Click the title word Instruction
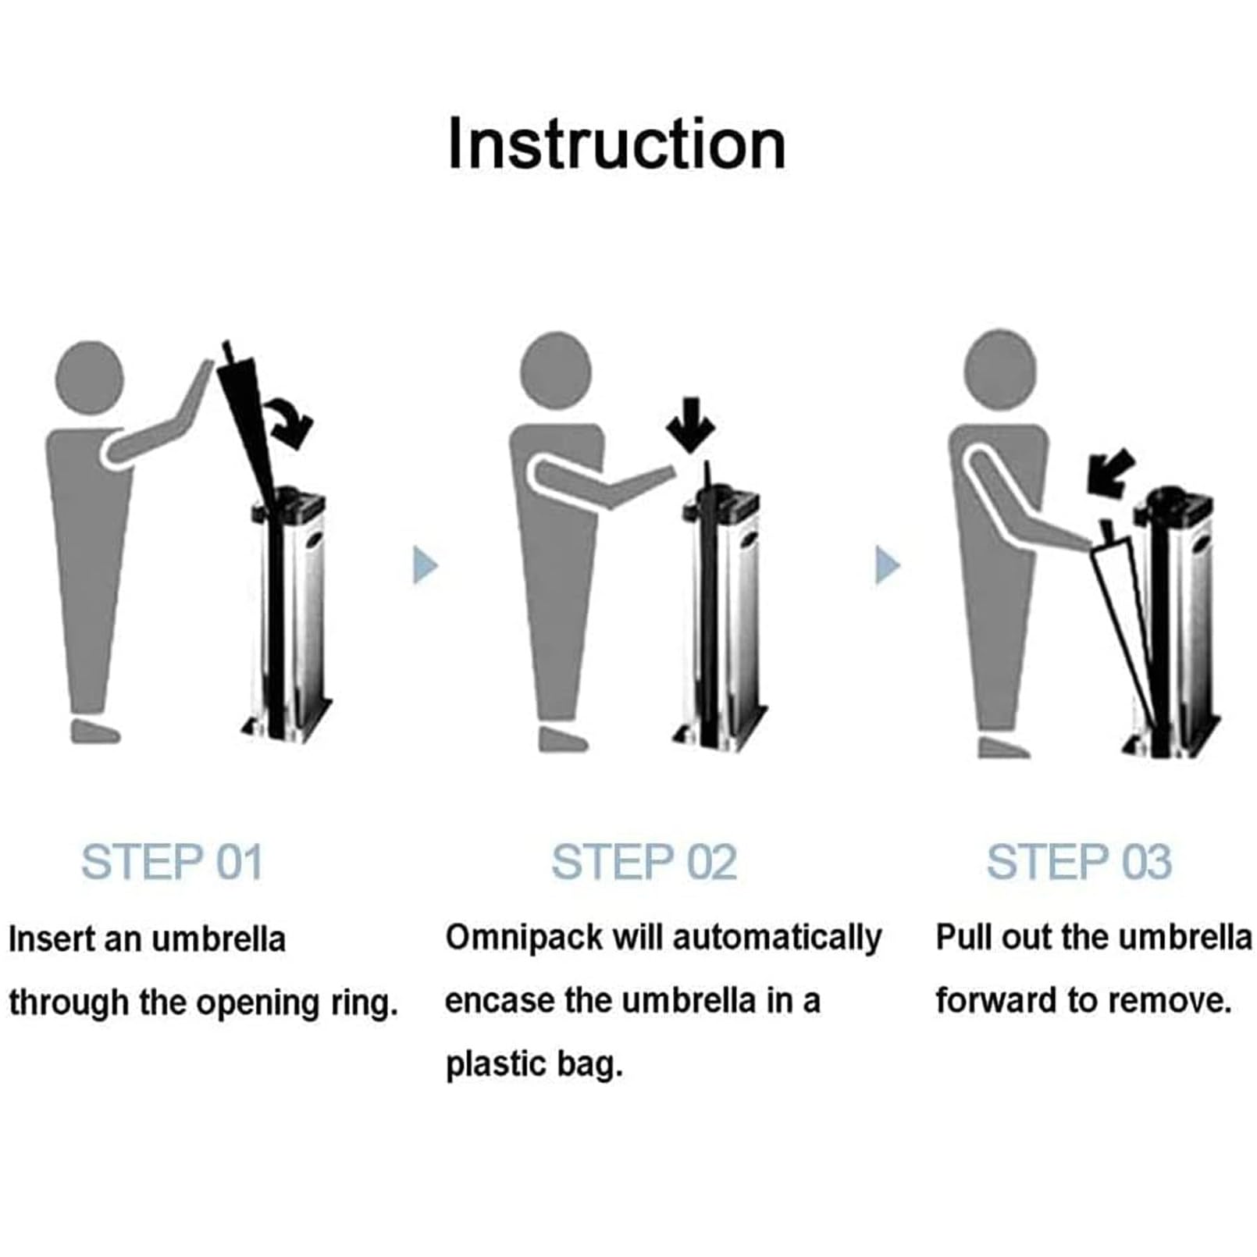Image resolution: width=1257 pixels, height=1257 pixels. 617,144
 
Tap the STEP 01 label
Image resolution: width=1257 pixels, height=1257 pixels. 172,863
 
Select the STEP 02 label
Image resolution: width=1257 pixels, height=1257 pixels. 644,863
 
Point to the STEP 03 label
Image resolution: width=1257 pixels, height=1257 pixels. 1079,863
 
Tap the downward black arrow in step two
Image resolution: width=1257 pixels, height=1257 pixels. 690,425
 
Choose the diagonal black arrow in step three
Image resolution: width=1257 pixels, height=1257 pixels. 1110,471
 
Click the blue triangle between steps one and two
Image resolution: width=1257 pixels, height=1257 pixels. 425,564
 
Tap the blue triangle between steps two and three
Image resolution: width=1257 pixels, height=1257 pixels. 888,564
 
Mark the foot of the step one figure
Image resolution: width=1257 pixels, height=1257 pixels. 95,731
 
